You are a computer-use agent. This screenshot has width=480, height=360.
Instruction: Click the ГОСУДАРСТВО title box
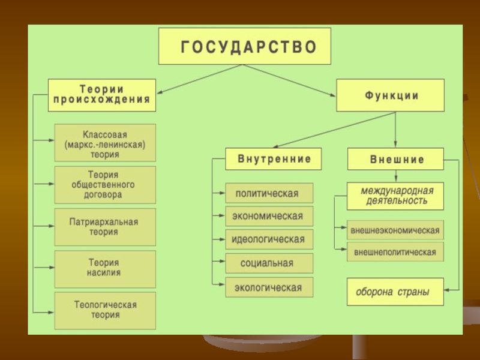(244, 46)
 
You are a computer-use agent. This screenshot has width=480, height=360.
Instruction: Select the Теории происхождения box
(101, 95)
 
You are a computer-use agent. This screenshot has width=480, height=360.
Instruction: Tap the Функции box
(390, 95)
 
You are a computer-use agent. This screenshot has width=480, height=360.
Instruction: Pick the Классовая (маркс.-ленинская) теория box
(105, 143)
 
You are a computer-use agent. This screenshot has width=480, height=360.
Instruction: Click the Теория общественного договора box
(105, 185)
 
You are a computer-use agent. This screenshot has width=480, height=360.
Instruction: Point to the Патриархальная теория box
(105, 227)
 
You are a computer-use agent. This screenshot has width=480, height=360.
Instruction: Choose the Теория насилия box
(105, 268)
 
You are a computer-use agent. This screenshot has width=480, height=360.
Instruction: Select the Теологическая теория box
(105, 310)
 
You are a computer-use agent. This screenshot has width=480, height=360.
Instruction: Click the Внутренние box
(274, 160)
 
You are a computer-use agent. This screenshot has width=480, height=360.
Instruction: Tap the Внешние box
(395, 160)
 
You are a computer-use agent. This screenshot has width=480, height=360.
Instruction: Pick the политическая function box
(269, 193)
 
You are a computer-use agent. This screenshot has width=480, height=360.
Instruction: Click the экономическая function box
(269, 216)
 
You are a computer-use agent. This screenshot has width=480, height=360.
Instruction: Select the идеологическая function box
(269, 239)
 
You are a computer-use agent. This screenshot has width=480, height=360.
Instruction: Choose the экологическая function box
(269, 287)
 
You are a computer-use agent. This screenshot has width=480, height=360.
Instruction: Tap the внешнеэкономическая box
(395, 230)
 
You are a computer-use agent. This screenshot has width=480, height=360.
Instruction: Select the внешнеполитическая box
(395, 252)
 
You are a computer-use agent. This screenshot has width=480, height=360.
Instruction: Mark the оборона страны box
(395, 293)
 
